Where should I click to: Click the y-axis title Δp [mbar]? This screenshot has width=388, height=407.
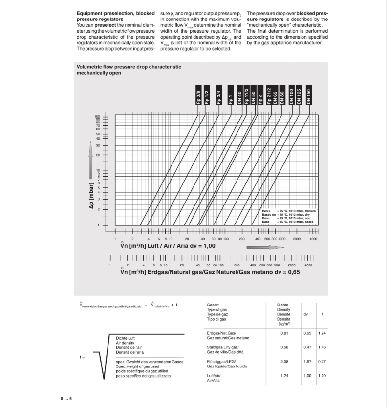(x=91, y=198)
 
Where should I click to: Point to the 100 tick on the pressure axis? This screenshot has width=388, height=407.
(x=97, y=116)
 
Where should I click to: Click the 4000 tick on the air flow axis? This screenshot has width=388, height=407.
(x=313, y=239)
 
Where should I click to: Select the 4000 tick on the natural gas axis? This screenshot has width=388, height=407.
(x=308, y=265)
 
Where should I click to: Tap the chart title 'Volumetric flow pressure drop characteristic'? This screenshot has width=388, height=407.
(x=129, y=66)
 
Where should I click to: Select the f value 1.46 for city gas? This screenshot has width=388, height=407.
(x=322, y=347)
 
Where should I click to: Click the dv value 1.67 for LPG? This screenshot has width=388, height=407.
(x=305, y=362)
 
